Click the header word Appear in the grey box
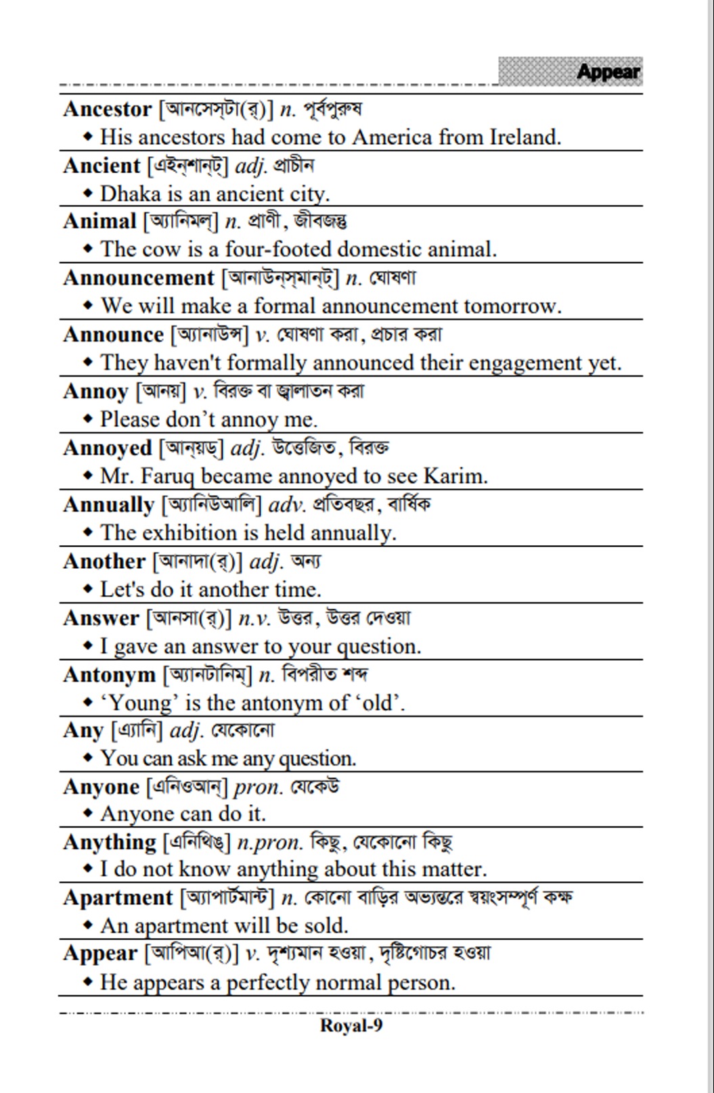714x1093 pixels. [x=608, y=72]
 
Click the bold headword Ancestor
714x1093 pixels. [x=107, y=110]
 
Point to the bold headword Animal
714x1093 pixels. [x=99, y=222]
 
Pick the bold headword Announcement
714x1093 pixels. [x=139, y=278]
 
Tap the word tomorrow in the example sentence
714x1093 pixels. [x=512, y=306]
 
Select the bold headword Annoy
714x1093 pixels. [x=95, y=392]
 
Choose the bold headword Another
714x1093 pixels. [x=104, y=561]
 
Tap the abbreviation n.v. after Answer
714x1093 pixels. [x=254, y=619]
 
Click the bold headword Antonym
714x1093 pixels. [x=109, y=675]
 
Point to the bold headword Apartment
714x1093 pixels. [x=118, y=898]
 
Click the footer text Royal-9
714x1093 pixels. [x=351, y=1026]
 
